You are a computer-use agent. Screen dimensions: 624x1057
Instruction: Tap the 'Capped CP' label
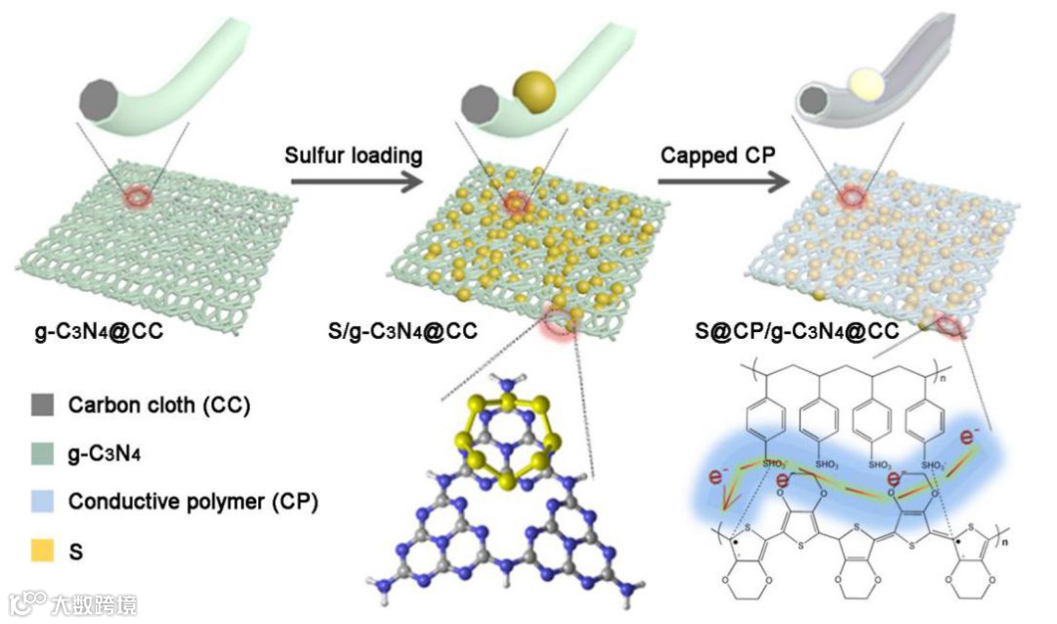(710, 155)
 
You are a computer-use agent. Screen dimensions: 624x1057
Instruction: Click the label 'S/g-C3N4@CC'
(403, 331)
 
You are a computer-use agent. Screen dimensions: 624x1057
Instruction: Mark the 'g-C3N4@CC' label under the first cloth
(94, 331)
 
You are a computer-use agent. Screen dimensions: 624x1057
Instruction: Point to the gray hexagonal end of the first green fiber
(101, 99)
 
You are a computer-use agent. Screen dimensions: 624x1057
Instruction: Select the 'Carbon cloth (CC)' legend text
(159, 405)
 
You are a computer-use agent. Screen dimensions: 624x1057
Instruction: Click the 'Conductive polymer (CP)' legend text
(193, 503)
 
